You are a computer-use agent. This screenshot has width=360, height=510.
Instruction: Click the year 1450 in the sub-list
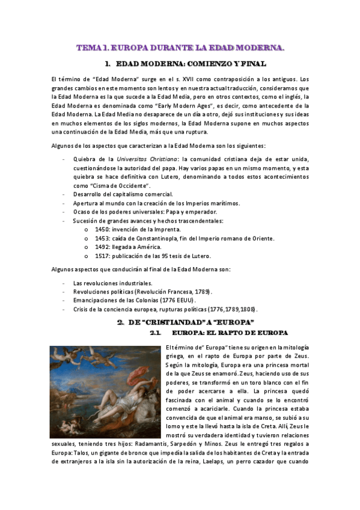coord(102,230)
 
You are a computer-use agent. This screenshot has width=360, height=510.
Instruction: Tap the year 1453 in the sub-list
coord(102,238)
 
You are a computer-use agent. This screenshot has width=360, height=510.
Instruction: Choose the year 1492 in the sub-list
coord(102,247)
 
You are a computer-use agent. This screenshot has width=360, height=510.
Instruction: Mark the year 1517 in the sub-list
coord(102,256)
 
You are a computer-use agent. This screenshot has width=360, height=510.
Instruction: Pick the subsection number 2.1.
coord(155,332)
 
